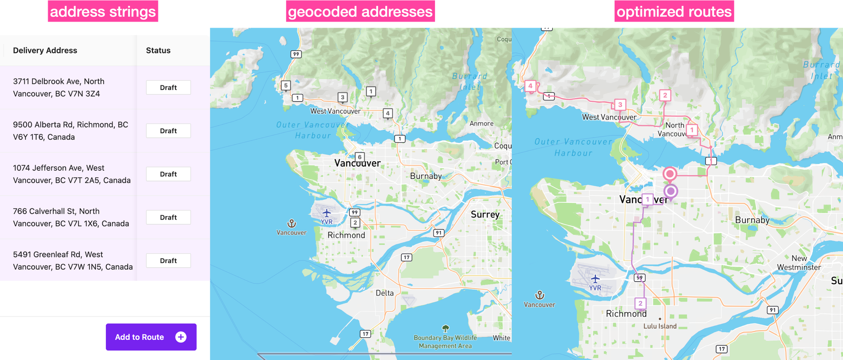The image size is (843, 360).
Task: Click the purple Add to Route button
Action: point(151,337)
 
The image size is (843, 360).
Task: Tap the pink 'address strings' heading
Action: point(103,11)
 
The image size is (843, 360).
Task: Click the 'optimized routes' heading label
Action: point(674,11)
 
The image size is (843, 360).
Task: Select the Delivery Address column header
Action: point(45,51)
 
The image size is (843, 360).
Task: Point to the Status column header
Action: point(158,51)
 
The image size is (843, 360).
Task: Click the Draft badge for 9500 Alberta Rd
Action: point(168,131)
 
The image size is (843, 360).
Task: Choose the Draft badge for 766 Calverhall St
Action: point(168,218)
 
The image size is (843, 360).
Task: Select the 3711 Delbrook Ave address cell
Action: point(59,88)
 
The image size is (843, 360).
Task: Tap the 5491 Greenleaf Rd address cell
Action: point(72,261)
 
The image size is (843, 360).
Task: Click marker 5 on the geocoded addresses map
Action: point(286,86)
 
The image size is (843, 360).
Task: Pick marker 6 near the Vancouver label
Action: point(360,157)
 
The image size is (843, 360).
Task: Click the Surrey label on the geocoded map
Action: point(485,215)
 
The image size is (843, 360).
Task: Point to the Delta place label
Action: point(384,293)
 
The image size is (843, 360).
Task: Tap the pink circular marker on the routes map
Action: point(670,174)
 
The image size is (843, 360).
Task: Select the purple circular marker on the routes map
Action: point(671,191)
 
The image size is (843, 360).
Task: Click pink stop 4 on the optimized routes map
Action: point(530,86)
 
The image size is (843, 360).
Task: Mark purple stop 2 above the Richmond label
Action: point(640,303)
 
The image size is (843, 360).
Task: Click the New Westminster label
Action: point(799,263)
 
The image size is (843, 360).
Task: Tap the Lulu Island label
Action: point(660,326)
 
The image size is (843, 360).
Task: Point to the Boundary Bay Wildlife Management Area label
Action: point(445,341)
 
